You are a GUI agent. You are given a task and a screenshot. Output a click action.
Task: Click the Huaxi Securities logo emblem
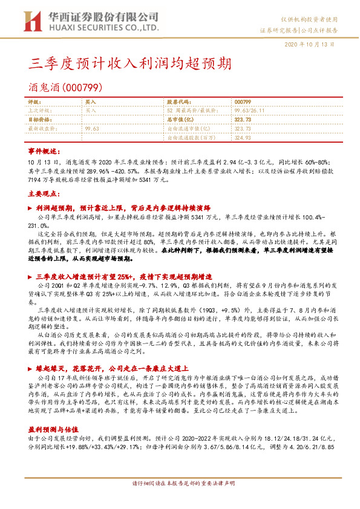pyautogui.click(x=32, y=22)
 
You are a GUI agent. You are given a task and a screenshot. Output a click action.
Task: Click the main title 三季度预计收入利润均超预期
pyautogui.click(x=129, y=63)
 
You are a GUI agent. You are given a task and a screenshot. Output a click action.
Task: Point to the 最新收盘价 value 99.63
pyautogui.click(x=93, y=129)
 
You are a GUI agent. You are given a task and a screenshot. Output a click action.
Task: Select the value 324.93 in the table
pyautogui.click(x=242, y=137)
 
